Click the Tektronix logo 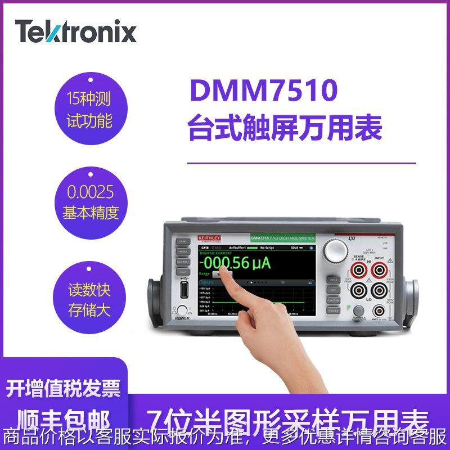click(x=76, y=31)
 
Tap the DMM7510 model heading click(x=263, y=91)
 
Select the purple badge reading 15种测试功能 click(x=90, y=109)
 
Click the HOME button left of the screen click(x=183, y=241)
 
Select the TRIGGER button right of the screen click(x=333, y=308)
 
